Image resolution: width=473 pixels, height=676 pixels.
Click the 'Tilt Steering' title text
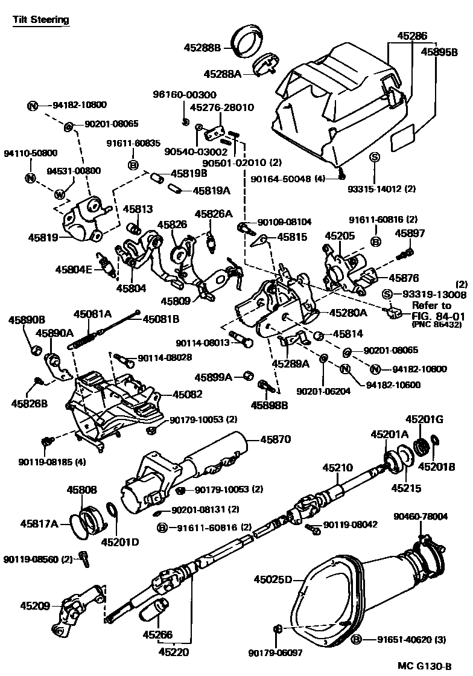[41, 19]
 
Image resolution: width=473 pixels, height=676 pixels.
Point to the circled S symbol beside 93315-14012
[373, 157]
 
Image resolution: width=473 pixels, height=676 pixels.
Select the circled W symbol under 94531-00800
[59, 194]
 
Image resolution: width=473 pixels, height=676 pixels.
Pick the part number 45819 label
[42, 238]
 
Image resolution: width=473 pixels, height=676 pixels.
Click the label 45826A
[213, 214]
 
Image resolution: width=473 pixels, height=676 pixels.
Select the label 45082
[187, 394]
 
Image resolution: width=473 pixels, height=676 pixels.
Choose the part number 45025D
[273, 579]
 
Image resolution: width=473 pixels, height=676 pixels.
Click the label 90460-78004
[421, 517]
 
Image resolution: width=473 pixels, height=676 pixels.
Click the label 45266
[157, 634]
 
